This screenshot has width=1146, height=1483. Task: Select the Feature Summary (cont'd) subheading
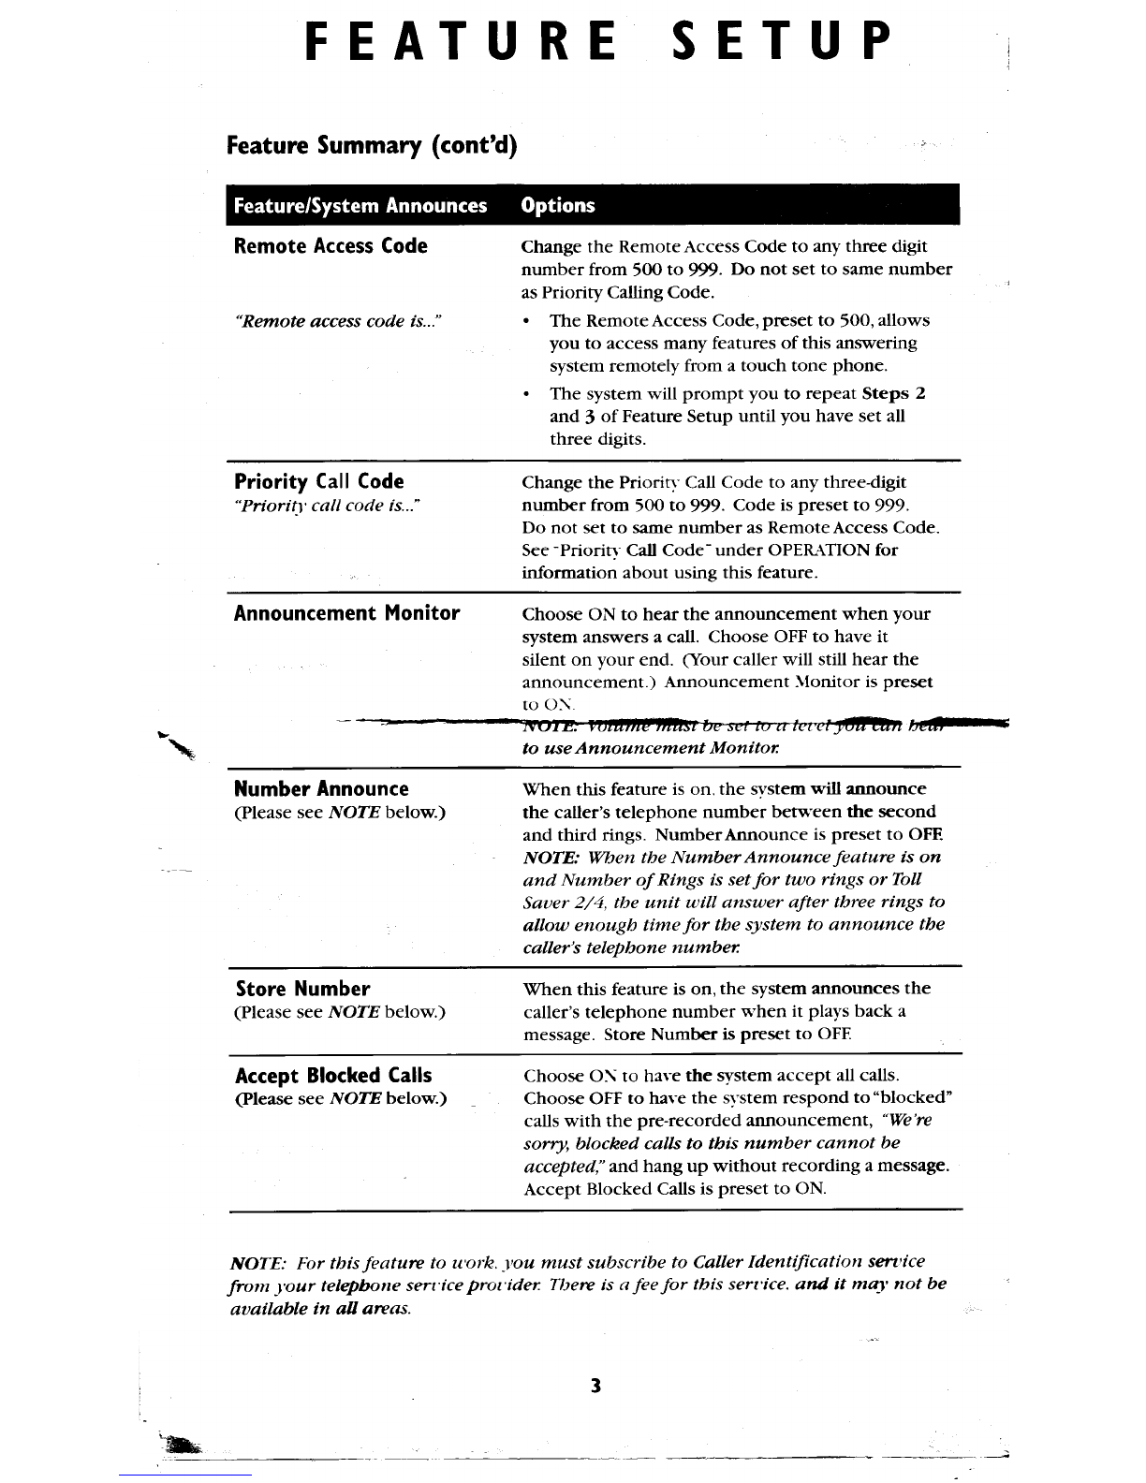(x=372, y=146)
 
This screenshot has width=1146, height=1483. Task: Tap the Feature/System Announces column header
(x=360, y=206)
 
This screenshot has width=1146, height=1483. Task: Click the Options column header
(x=558, y=206)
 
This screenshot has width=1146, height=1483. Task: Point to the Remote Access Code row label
(x=331, y=246)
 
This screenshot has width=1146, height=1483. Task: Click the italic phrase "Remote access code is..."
(x=336, y=321)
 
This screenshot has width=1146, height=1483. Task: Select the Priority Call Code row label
(x=319, y=482)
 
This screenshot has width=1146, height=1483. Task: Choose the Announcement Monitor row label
(x=346, y=614)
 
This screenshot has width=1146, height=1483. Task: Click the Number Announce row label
(x=321, y=789)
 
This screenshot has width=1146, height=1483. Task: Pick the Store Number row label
(x=302, y=990)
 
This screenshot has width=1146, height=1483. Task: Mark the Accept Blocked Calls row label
(x=333, y=1076)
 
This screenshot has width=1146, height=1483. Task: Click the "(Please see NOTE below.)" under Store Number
(x=339, y=1012)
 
